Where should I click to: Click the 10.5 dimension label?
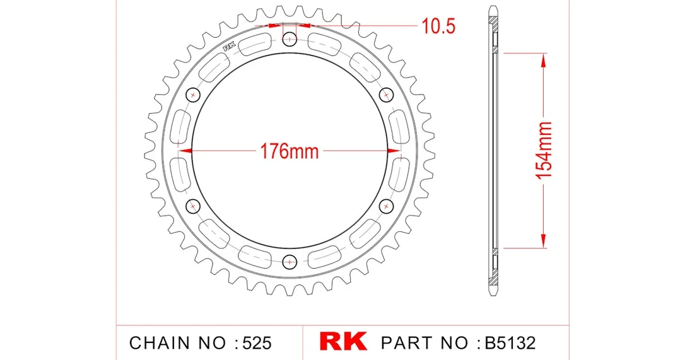(438, 26)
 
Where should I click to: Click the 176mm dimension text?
(290, 151)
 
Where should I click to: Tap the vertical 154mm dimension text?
(544, 150)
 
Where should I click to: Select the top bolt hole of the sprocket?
(290, 40)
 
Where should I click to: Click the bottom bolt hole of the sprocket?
(290, 262)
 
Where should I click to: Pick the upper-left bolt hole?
(192, 95)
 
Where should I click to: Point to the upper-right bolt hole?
(386, 95)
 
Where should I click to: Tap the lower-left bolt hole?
(192, 206)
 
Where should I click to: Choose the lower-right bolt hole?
(386, 206)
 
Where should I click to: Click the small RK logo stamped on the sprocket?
(230, 46)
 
